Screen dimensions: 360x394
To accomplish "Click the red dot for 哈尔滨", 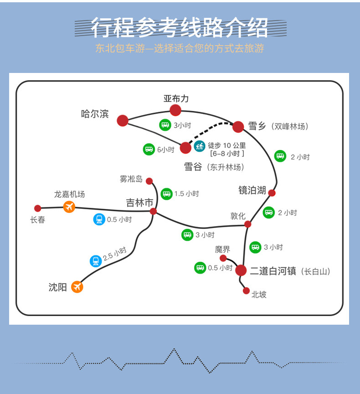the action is tap(123, 120).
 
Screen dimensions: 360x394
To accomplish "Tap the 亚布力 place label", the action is tap(176, 98).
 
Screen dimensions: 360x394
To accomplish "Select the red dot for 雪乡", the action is tap(238, 127).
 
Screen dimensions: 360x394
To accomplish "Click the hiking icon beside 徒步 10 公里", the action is tap(199, 146).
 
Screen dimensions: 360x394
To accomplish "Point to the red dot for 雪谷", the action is tap(185, 148).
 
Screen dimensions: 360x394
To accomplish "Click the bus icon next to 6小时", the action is tap(149, 149).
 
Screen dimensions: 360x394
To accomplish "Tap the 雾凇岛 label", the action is tap(131, 179).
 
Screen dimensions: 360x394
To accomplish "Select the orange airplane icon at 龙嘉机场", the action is tap(69, 207).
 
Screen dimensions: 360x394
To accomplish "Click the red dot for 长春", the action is tap(38, 208).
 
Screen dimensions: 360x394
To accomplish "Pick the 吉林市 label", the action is tap(139, 202).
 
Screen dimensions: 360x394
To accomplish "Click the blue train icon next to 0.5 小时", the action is tap(99, 219).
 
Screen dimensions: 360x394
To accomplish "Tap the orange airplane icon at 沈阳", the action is tap(77, 287).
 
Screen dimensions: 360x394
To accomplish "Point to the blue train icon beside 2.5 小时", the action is tap(96, 261).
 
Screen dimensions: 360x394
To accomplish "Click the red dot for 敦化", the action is tap(247, 224).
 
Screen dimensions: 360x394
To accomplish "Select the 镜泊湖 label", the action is tap(252, 190).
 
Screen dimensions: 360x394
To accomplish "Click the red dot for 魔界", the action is tap(223, 258).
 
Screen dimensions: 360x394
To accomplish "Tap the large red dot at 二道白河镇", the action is tap(241, 270).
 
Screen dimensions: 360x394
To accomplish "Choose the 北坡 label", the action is tap(259, 295).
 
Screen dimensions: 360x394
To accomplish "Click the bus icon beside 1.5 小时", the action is tap(166, 194).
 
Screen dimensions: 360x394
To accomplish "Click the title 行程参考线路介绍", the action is tap(180, 28).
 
